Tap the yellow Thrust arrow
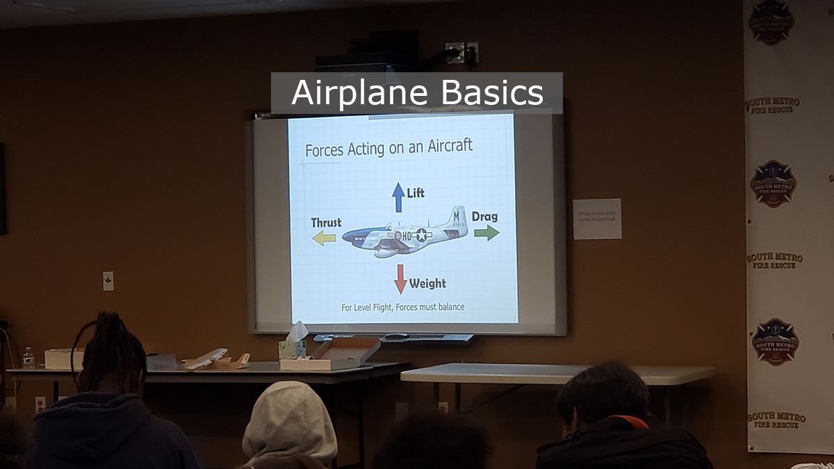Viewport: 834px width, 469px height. coord(324,238)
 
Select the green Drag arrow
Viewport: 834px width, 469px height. coord(486,233)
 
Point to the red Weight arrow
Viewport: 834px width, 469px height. coord(400,279)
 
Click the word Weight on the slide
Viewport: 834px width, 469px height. coord(427,283)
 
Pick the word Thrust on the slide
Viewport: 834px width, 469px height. coord(326,222)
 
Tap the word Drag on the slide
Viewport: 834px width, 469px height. coord(484,217)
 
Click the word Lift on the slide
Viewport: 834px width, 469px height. coord(416,192)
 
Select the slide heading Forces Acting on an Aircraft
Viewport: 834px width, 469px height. coord(389,147)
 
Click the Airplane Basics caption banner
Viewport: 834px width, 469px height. coord(416,93)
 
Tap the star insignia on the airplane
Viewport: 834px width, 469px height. coord(422,236)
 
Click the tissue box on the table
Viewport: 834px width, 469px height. coord(293,344)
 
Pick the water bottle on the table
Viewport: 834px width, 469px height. coord(28,358)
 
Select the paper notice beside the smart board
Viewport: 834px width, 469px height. coord(597,219)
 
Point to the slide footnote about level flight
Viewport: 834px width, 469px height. coord(402,306)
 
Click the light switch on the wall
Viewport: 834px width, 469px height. coord(108,281)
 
